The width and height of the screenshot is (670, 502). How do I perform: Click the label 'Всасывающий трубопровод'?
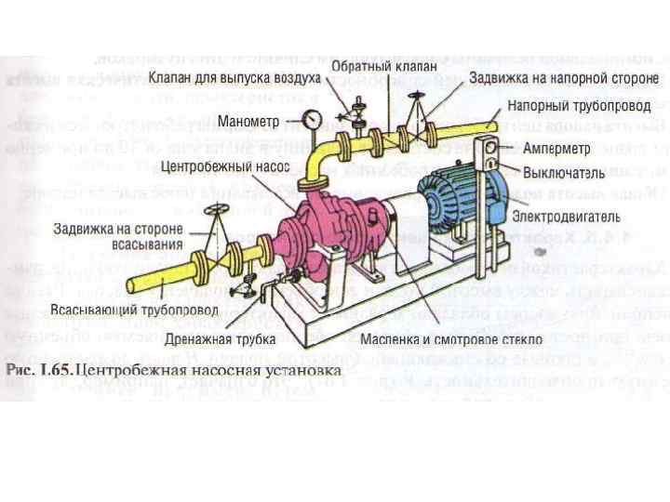click(x=135, y=309)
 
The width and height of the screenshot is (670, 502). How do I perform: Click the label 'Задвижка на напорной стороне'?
click(x=563, y=77)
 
